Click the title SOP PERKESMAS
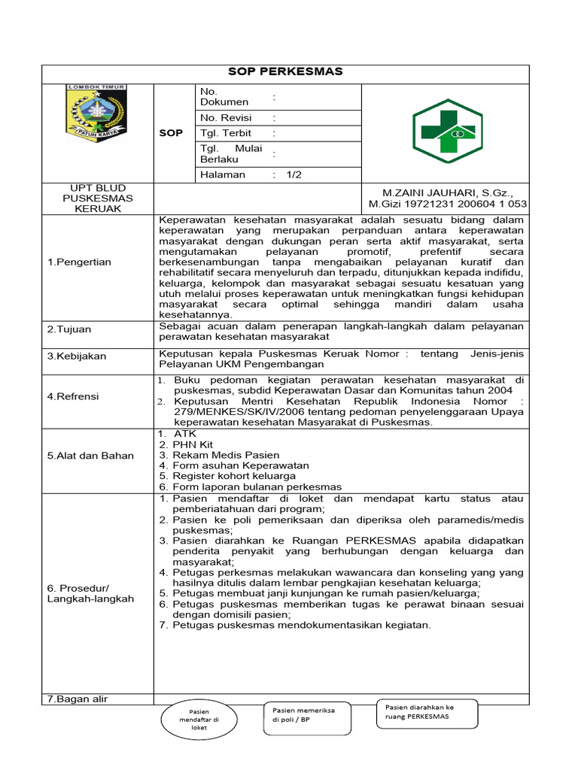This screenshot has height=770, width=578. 285,71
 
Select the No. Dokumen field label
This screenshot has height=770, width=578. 224,96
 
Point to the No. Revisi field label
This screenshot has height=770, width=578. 226,118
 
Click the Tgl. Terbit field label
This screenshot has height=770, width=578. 226,133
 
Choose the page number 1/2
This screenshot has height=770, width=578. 293,174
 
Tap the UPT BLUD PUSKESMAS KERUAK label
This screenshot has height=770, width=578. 97,198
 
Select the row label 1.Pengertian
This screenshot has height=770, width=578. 79,262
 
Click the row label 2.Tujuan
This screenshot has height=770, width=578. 69,329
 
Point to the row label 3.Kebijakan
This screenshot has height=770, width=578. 77,356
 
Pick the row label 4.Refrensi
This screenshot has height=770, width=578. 73,396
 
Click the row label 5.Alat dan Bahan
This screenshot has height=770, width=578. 90,455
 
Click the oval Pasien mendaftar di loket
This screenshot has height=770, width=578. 199,720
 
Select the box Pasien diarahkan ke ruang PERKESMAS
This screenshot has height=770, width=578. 426,712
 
